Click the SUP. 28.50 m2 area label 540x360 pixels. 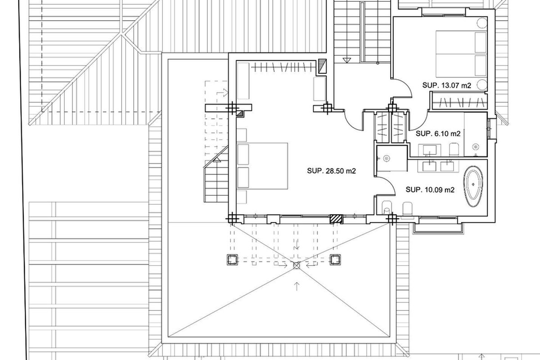331,171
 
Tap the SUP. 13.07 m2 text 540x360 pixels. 446,85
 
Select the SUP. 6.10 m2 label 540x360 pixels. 438,134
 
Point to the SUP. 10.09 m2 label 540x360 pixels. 430,190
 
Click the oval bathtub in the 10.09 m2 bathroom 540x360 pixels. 473,186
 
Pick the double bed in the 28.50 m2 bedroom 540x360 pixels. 262,166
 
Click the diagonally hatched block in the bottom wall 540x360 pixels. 336,219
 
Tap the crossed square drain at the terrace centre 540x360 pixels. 297,265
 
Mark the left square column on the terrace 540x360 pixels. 232,260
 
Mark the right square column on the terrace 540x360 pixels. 335,260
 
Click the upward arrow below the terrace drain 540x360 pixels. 297,286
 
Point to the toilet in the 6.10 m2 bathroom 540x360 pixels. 454,149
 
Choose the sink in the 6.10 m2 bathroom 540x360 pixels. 430,150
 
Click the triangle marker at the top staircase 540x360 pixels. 346,60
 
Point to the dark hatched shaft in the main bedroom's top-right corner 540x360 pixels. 322,66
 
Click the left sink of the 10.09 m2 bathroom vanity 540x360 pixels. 429,166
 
